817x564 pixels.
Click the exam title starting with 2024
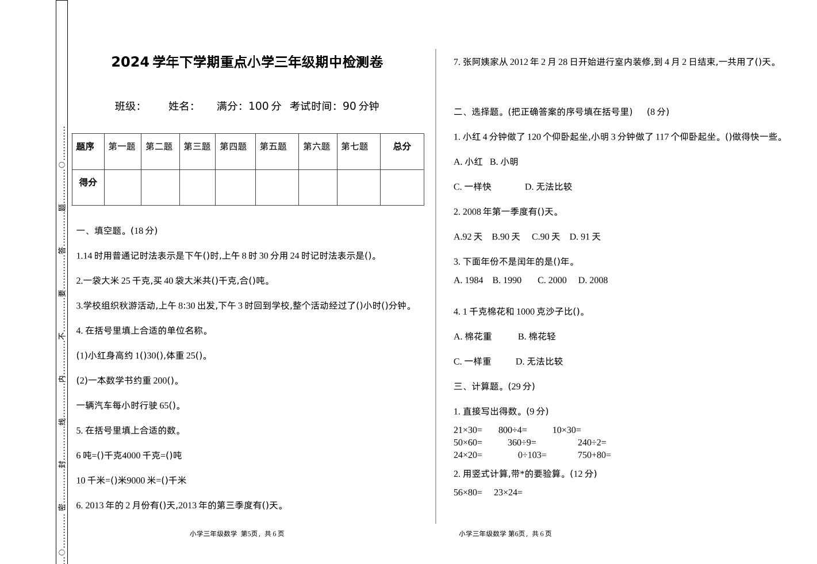pyautogui.click(x=247, y=62)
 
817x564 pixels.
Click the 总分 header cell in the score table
pyautogui.click(x=402, y=146)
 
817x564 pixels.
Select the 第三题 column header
pyautogui.click(x=197, y=146)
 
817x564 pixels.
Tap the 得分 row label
pyautogui.click(x=88, y=183)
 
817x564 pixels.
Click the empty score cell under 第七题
pyautogui.click(x=358, y=187)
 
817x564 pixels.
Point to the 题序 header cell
pyautogui.click(x=85, y=146)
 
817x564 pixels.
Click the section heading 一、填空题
pyautogui.click(x=117, y=231)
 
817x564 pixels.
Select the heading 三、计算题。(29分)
pyautogui.click(x=494, y=387)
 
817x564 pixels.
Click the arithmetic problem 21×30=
pyautogui.click(x=467, y=430)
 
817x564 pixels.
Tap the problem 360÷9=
pyautogui.click(x=521, y=443)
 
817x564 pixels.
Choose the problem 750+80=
pyautogui.click(x=594, y=455)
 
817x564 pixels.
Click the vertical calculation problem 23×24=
pyautogui.click(x=508, y=493)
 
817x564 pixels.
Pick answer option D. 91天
pyautogui.click(x=585, y=237)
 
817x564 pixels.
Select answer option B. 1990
pyautogui.click(x=507, y=280)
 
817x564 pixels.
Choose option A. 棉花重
pyautogui.click(x=473, y=337)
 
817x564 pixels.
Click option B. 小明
pyautogui.click(x=504, y=162)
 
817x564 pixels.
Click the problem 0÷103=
pyautogui.click(x=532, y=455)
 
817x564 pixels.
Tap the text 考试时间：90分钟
pyautogui.click(x=334, y=106)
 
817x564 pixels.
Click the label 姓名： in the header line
pyautogui.click(x=181, y=106)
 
